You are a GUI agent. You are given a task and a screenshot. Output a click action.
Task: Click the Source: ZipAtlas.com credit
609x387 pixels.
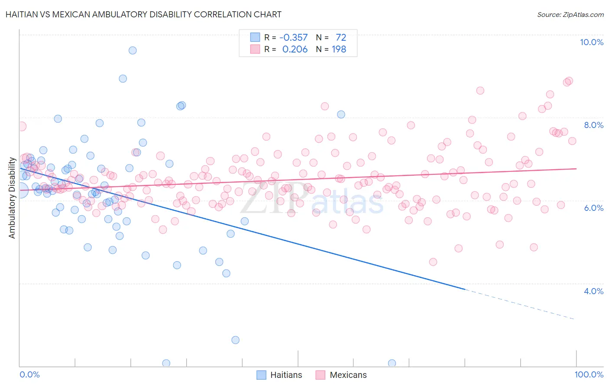point(570,14)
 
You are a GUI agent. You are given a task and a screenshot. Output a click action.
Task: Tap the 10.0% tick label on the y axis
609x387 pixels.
point(591,42)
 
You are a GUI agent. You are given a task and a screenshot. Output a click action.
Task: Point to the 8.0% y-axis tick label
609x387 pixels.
point(593,125)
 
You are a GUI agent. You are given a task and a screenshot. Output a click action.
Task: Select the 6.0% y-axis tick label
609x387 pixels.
point(593,208)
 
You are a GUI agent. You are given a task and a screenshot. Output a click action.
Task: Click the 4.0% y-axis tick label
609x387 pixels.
point(593,291)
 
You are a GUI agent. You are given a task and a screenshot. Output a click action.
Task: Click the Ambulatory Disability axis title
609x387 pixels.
point(12,198)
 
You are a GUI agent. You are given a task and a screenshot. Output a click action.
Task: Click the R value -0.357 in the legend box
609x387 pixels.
point(293,38)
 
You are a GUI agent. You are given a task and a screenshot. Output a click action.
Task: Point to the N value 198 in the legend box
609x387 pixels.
point(339,49)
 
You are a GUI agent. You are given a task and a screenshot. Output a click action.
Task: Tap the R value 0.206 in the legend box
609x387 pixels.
point(295,49)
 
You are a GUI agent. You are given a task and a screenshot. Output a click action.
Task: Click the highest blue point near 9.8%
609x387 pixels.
point(133,50)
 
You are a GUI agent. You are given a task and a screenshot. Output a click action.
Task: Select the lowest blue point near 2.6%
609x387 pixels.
point(235,340)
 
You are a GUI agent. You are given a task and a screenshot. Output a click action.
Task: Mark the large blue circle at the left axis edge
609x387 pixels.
point(20,190)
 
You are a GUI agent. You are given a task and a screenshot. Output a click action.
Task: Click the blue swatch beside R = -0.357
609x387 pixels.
point(255,38)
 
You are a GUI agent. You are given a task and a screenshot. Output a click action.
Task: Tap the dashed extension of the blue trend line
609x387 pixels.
point(520,304)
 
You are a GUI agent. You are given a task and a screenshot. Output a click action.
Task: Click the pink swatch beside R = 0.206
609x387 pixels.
point(255,49)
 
